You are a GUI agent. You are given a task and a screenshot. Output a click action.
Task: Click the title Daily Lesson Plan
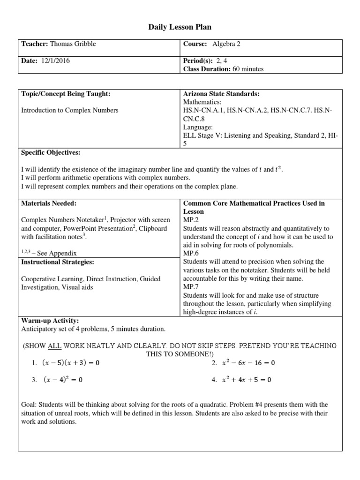click(x=180, y=28)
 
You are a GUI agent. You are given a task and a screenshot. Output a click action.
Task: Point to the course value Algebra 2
click(x=226, y=44)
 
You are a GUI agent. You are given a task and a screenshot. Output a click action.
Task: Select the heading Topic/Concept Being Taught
click(x=66, y=94)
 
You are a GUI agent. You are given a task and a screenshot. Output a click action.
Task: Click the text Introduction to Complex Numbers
click(x=70, y=110)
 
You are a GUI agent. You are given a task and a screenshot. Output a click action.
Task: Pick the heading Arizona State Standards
click(x=221, y=94)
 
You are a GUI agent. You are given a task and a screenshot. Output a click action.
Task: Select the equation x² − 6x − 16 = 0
click(x=248, y=363)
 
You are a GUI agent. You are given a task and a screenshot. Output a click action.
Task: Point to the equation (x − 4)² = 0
click(x=63, y=380)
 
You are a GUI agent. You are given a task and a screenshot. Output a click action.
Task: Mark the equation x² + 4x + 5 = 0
click(x=247, y=380)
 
